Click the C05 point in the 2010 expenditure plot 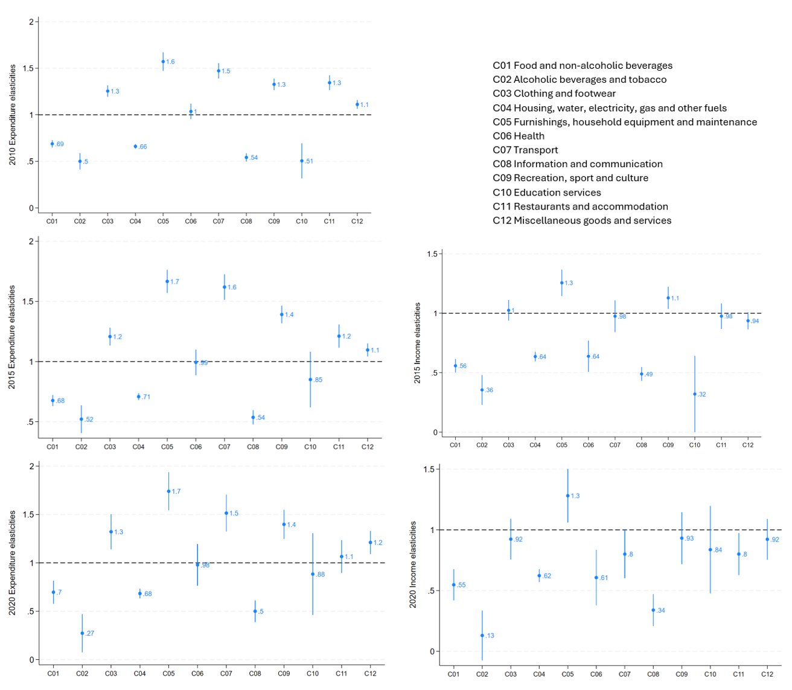pyautogui.click(x=163, y=62)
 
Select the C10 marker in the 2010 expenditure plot pyautogui.click(x=302, y=161)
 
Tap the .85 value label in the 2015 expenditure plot pyautogui.click(x=319, y=380)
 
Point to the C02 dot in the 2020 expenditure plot pyautogui.click(x=82, y=633)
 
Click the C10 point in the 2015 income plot pyautogui.click(x=695, y=394)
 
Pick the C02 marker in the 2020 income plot pyautogui.click(x=482, y=636)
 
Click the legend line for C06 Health pyautogui.click(x=519, y=136)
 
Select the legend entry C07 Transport pyautogui.click(x=525, y=150)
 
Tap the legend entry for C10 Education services pyautogui.click(x=546, y=193)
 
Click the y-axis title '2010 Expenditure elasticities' pyautogui.click(x=13, y=115)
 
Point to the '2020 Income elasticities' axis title pyautogui.click(x=414, y=565)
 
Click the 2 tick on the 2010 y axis pyautogui.click(x=31, y=22)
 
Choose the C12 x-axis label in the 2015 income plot pyautogui.click(x=748, y=445)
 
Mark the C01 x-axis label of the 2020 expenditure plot pyautogui.click(x=53, y=674)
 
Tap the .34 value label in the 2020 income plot pyautogui.click(x=661, y=610)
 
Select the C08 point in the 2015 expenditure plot pyautogui.click(x=253, y=417)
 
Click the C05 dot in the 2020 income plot pyautogui.click(x=567, y=496)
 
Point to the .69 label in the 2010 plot pyautogui.click(x=60, y=144)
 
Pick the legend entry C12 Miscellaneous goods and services pyautogui.click(x=582, y=220)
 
